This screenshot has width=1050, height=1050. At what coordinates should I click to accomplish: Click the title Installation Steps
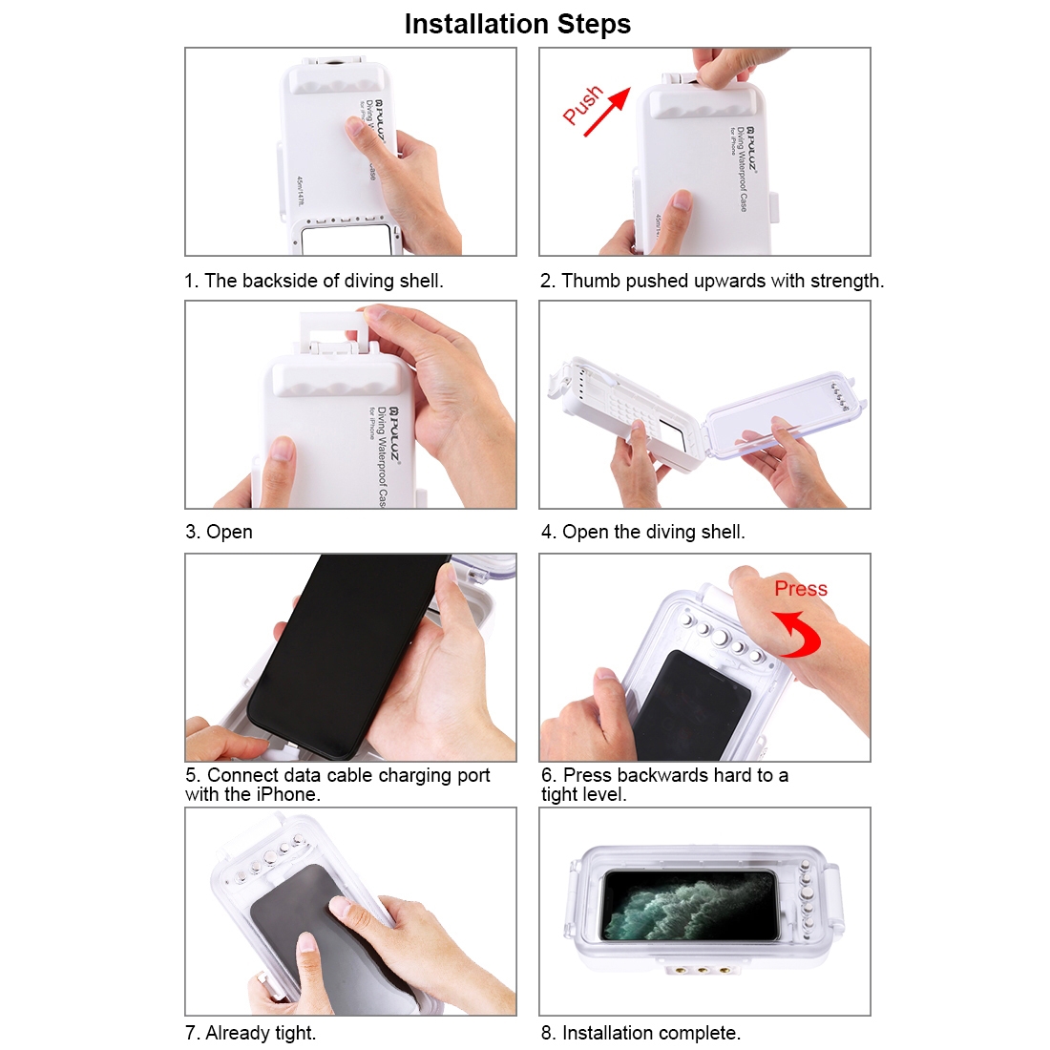click(517, 24)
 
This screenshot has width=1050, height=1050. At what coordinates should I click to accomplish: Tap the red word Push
click(582, 104)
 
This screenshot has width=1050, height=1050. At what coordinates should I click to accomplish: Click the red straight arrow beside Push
click(607, 112)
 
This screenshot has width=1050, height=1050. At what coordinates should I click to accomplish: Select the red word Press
click(801, 589)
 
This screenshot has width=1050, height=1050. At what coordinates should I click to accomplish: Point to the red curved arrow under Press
click(804, 632)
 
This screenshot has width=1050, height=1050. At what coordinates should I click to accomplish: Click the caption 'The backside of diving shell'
click(324, 281)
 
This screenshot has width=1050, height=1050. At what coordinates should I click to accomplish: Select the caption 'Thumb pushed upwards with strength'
click(722, 281)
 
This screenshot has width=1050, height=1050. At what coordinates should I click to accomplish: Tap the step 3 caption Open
click(229, 532)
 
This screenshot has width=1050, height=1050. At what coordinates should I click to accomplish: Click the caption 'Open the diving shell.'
click(653, 532)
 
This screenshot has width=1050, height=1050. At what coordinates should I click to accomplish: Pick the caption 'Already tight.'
click(261, 1033)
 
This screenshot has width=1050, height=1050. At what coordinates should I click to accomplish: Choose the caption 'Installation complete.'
click(651, 1033)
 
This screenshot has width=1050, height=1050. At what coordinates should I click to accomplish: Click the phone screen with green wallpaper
click(690, 905)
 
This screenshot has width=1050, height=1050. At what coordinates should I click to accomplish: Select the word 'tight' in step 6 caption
click(559, 795)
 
